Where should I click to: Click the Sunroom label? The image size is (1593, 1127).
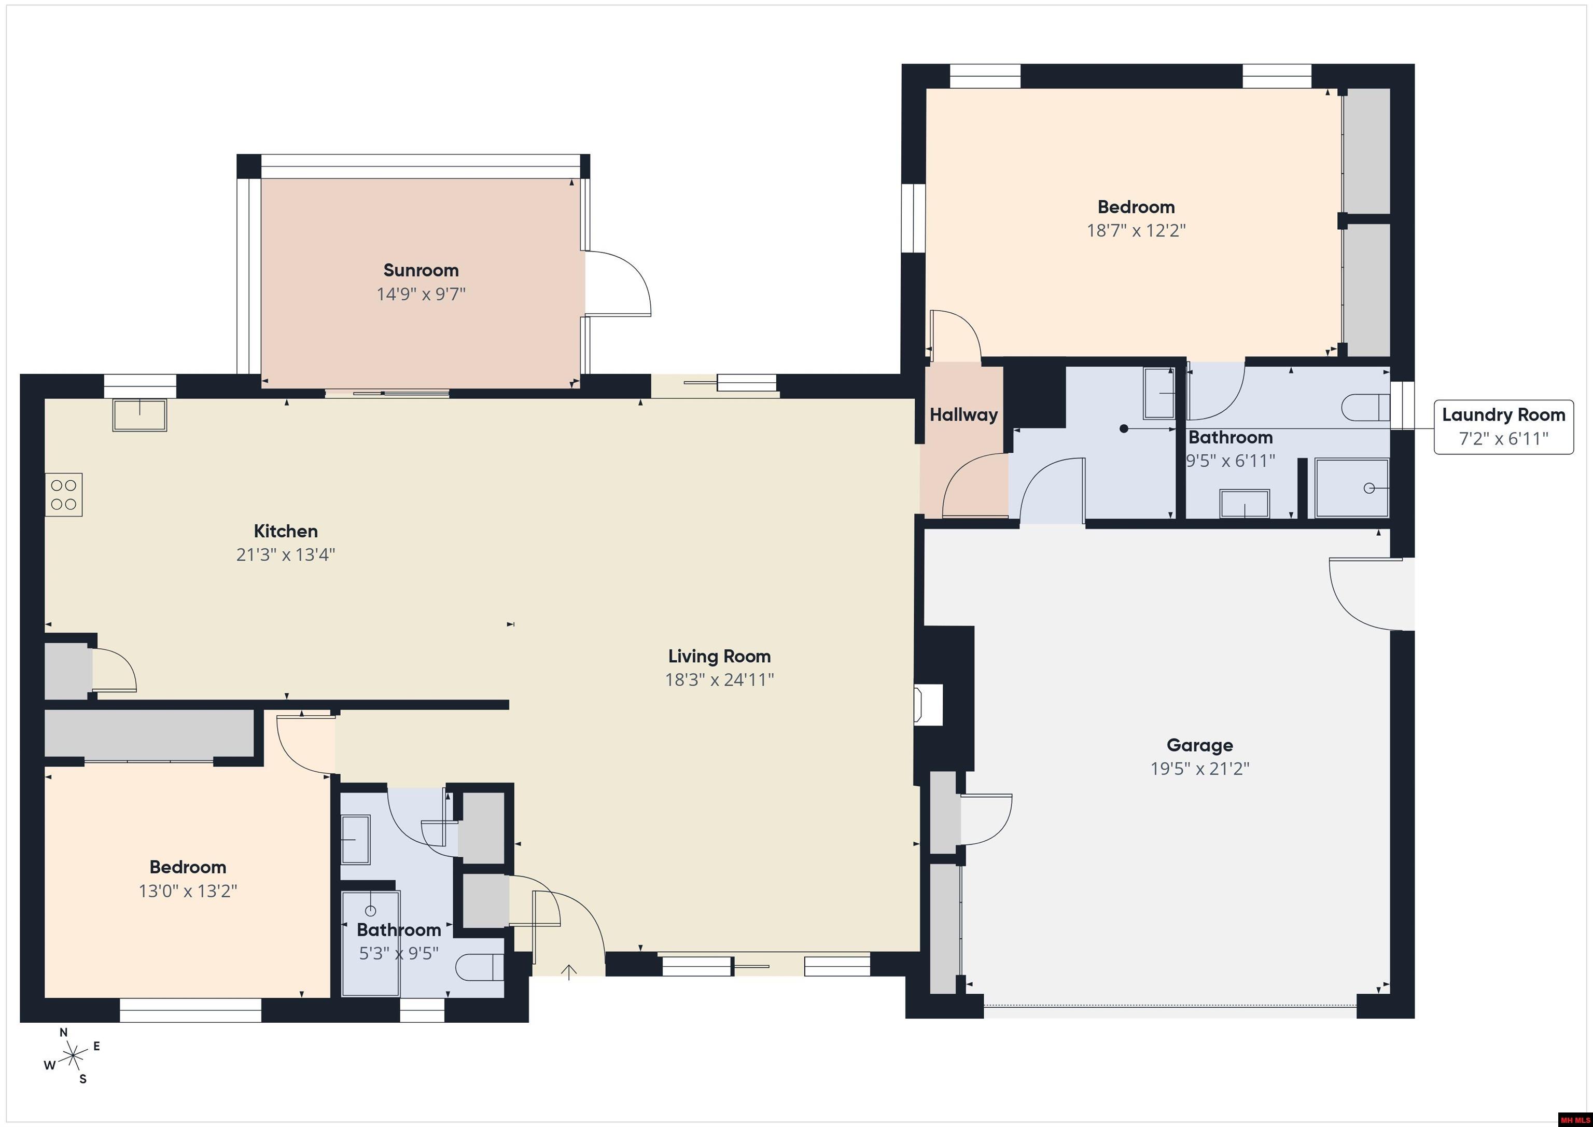421,270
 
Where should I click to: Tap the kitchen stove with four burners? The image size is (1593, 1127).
64,495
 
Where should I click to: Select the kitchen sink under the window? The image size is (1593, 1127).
139,415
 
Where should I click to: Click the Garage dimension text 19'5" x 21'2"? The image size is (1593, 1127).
1199,768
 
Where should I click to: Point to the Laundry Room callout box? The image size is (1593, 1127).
1503,427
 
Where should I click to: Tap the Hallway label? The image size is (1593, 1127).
963,415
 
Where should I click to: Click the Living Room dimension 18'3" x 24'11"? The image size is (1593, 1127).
719,679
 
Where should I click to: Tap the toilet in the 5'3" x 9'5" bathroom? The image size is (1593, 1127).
481,967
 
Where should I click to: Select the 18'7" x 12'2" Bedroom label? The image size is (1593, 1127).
1135,207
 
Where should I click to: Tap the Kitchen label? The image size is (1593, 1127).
285,531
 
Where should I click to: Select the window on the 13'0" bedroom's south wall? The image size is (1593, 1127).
190,1010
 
